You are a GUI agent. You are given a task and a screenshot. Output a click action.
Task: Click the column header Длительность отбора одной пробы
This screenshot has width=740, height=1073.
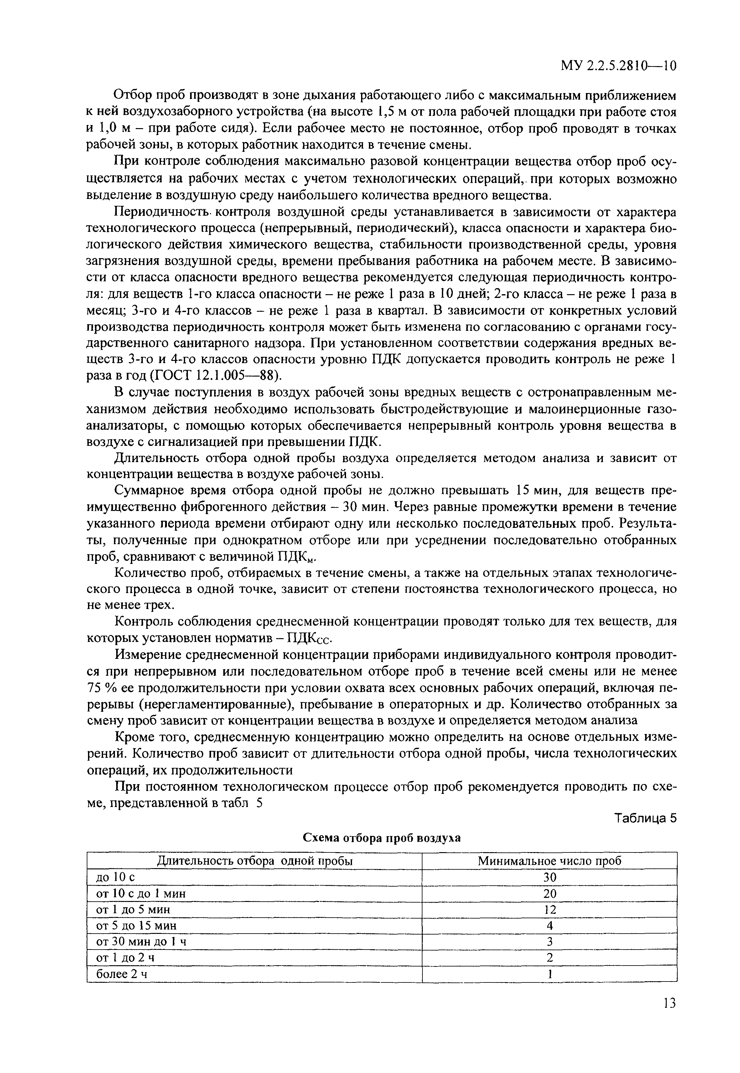pos(255,861)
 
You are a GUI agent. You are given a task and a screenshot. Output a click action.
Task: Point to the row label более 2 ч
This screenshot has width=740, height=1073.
pos(122,974)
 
